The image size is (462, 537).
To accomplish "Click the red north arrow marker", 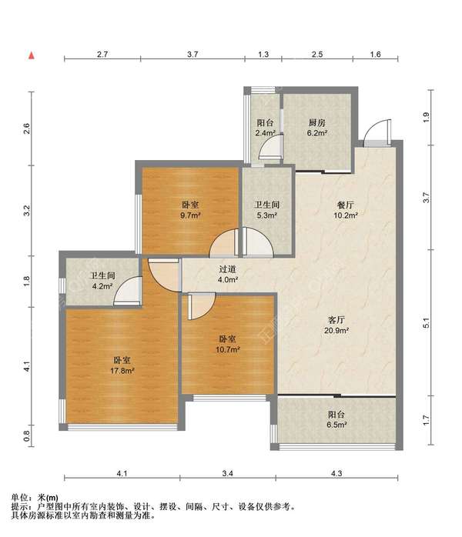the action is [x=32, y=55].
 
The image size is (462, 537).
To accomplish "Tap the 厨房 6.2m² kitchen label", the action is [x=317, y=128].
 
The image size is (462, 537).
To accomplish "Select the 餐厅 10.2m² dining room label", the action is [x=346, y=210].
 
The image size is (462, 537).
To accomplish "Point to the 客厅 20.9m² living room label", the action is [x=336, y=325].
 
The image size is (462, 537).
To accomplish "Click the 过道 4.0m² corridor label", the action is [x=228, y=275].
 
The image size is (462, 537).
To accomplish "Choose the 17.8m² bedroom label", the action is [x=122, y=365].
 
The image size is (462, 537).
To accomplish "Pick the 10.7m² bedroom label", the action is [x=228, y=344].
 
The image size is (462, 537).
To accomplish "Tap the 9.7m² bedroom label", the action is [x=190, y=210].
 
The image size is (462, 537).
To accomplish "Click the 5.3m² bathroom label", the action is [x=267, y=210].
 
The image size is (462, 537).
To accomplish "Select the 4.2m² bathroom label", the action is [x=102, y=281].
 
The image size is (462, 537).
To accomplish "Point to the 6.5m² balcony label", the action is [x=336, y=419].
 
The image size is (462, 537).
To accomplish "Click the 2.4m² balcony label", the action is [x=265, y=128].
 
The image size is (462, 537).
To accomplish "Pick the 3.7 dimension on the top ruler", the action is [x=192, y=54].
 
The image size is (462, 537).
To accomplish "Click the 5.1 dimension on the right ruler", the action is [x=426, y=323].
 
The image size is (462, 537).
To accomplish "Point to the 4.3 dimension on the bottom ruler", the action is [x=336, y=473].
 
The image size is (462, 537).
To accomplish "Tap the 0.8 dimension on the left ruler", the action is [x=27, y=435].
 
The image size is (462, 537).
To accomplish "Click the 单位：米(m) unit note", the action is [x=35, y=498].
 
